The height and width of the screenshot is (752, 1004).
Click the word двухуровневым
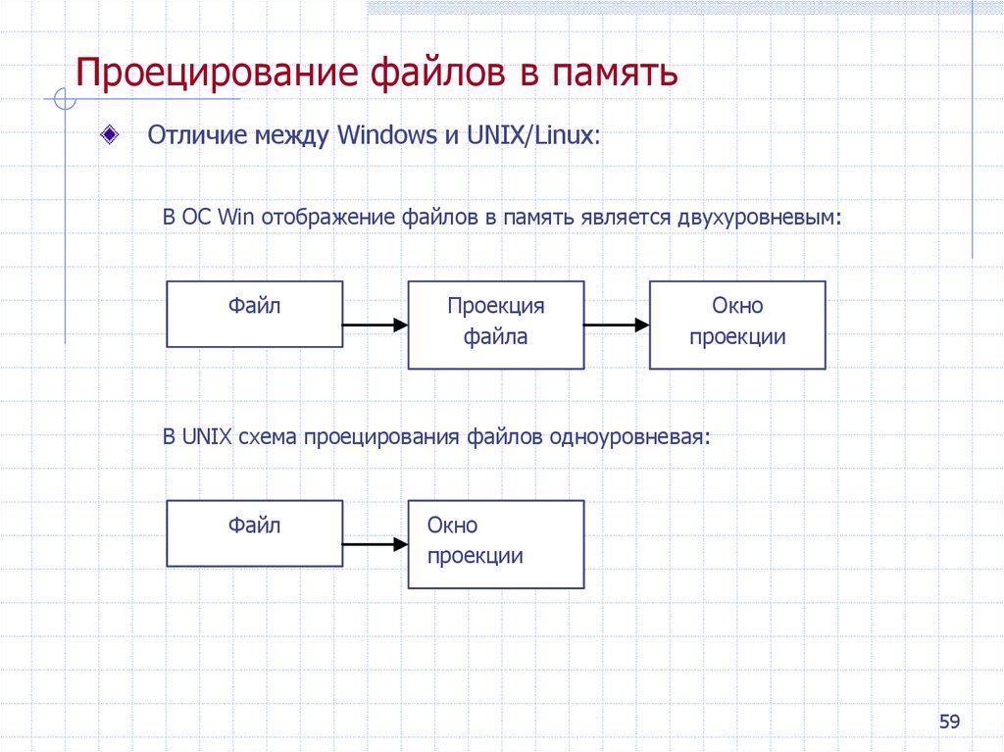pos(758,217)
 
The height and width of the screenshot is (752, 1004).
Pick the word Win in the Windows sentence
pos(232,217)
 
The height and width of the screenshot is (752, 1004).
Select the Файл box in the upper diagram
pos(255,314)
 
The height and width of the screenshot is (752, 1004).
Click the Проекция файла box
pos(496,325)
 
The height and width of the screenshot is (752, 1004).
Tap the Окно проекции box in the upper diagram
pos(737,325)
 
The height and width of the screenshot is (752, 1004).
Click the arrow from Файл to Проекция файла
pos(375,325)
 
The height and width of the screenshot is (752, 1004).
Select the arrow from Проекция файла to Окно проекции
pos(616,325)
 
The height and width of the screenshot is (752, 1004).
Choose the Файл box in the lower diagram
pos(255,533)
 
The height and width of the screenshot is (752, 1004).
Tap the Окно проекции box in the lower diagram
pos(496,544)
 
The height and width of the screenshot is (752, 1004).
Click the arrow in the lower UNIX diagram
pos(375,544)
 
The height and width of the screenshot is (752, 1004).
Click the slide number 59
pos(949,723)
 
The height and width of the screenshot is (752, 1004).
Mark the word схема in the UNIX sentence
pos(267,436)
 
